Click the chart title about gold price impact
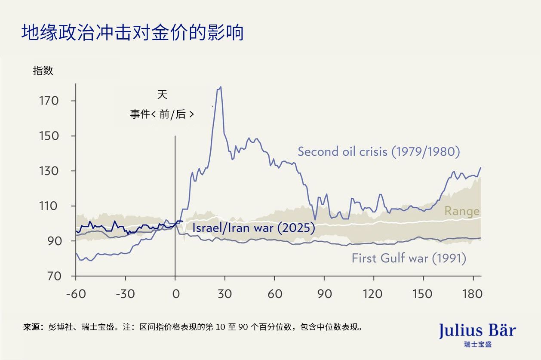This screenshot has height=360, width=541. tap(132, 33)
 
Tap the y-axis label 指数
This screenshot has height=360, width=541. tap(43, 71)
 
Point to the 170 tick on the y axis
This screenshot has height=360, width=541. tap(49, 101)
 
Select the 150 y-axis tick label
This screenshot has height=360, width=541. tap(49, 136)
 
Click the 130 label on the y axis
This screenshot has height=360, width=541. tap(49, 171)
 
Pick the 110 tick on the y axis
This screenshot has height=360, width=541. tap(49, 206)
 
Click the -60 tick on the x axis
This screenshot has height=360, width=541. tap(76, 294)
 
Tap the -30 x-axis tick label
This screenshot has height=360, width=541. tap(125, 294)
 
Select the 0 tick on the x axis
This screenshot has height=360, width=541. tap(175, 294)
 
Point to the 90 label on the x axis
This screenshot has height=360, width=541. tap(324, 294)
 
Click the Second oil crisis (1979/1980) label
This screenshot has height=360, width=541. tap(379, 151)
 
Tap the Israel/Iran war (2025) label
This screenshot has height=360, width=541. tap(253, 228)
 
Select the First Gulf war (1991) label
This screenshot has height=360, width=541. tap(409, 258)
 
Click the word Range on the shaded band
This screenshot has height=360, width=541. tap(461, 211)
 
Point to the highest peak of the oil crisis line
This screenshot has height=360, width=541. tap(221, 87)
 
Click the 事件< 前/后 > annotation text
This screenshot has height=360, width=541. tap(162, 114)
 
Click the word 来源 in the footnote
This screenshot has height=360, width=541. tap(31, 327)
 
